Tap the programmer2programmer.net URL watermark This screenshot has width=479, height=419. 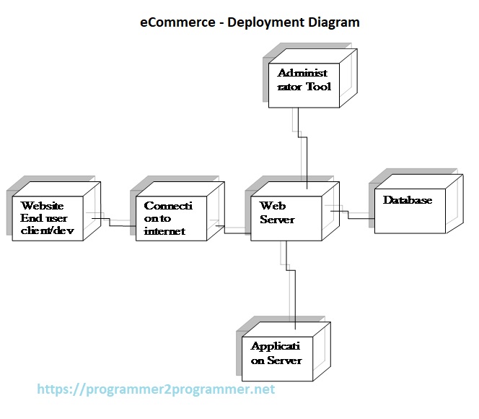click(156, 389)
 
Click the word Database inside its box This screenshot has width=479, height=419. click(408, 200)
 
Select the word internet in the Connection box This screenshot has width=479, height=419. click(164, 230)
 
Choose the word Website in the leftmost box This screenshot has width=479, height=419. click(42, 206)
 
